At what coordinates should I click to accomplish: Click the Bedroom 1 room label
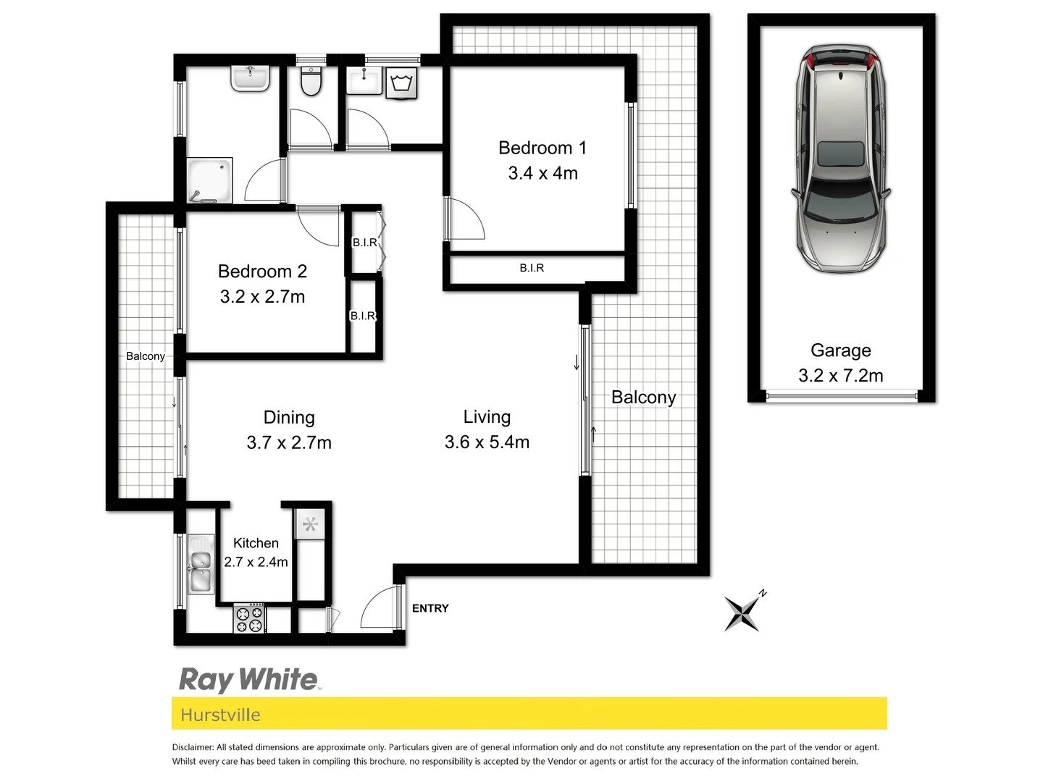click(542, 148)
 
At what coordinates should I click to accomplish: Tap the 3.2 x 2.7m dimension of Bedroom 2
click(262, 297)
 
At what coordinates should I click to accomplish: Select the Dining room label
click(289, 417)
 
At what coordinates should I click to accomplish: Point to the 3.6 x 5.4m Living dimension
click(487, 442)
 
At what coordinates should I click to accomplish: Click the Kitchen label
click(256, 543)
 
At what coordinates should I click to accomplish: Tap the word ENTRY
click(430, 608)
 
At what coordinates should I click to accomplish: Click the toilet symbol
click(311, 81)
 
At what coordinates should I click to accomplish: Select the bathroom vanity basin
click(251, 77)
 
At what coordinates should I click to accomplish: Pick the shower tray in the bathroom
click(210, 180)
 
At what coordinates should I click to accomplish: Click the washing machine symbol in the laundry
click(401, 83)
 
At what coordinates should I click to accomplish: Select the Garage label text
click(840, 350)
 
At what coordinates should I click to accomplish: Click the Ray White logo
click(248, 680)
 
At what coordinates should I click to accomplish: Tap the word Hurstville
click(220, 715)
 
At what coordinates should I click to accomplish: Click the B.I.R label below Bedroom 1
click(532, 268)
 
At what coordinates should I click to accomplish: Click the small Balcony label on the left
click(146, 356)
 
